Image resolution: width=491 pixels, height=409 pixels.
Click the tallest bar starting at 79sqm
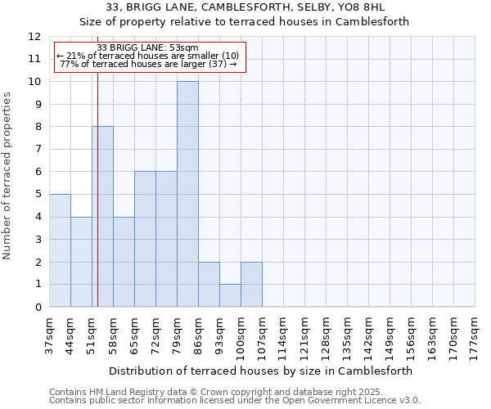pyautogui.click(x=187, y=194)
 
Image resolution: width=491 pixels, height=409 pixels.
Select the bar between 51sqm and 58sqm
pyautogui.click(x=102, y=217)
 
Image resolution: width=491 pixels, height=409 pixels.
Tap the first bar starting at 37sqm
pyautogui.click(x=60, y=250)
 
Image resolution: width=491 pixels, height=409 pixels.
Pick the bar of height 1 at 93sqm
pyautogui.click(x=230, y=295)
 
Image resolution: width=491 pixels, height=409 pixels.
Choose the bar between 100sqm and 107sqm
pyautogui.click(x=251, y=285)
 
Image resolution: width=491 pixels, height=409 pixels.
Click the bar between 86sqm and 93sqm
pyautogui.click(x=209, y=285)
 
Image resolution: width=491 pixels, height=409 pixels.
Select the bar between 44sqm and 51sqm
pyautogui.click(x=81, y=262)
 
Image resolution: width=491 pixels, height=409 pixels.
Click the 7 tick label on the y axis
pyautogui.click(x=37, y=150)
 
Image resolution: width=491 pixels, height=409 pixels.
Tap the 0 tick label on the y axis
pyautogui.click(x=37, y=308)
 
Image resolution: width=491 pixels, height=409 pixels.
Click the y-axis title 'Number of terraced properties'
pyautogui.click(x=8, y=175)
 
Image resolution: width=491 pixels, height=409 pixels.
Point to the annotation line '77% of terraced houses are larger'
pyautogui.click(x=148, y=64)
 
